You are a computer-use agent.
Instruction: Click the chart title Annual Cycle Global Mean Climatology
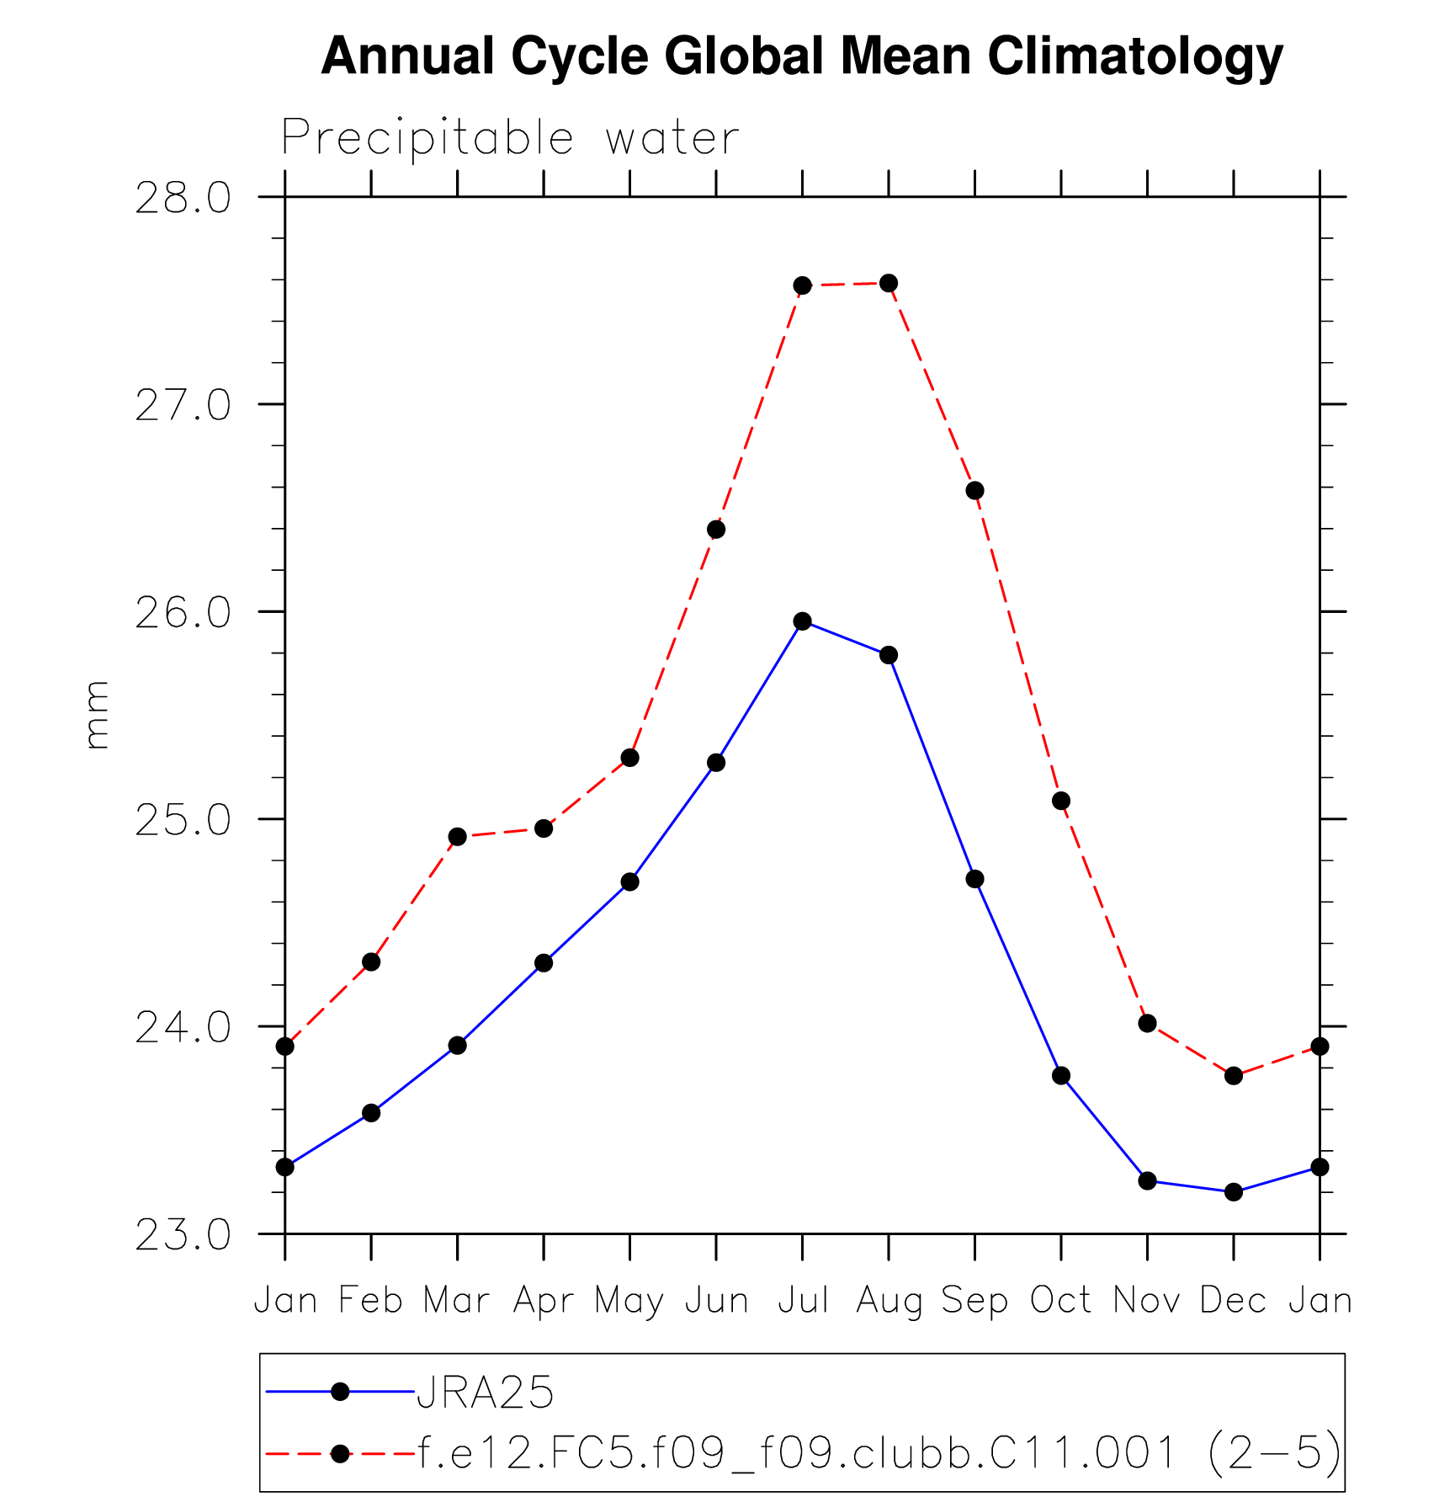click(802, 56)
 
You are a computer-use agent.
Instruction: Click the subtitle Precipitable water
click(510, 137)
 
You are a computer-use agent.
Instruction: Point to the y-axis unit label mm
click(98, 715)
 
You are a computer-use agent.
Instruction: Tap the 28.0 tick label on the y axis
click(183, 199)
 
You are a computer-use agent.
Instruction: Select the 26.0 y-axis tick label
click(183, 613)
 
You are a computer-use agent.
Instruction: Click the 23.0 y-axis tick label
click(183, 1235)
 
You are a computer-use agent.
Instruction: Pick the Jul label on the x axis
click(803, 1301)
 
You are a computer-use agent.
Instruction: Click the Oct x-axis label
click(1060, 1301)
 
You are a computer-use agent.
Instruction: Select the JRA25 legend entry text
click(486, 1393)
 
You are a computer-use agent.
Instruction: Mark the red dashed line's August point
click(889, 283)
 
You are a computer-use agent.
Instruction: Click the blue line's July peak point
click(803, 621)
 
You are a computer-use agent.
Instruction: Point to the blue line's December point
click(1234, 1192)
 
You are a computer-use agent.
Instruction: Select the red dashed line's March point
click(458, 837)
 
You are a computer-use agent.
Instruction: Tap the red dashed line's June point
click(716, 530)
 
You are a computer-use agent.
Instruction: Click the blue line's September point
click(975, 879)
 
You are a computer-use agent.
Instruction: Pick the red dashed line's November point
click(1148, 1024)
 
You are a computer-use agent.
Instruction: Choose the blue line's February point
click(371, 1113)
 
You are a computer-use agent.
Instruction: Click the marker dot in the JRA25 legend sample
click(340, 1392)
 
